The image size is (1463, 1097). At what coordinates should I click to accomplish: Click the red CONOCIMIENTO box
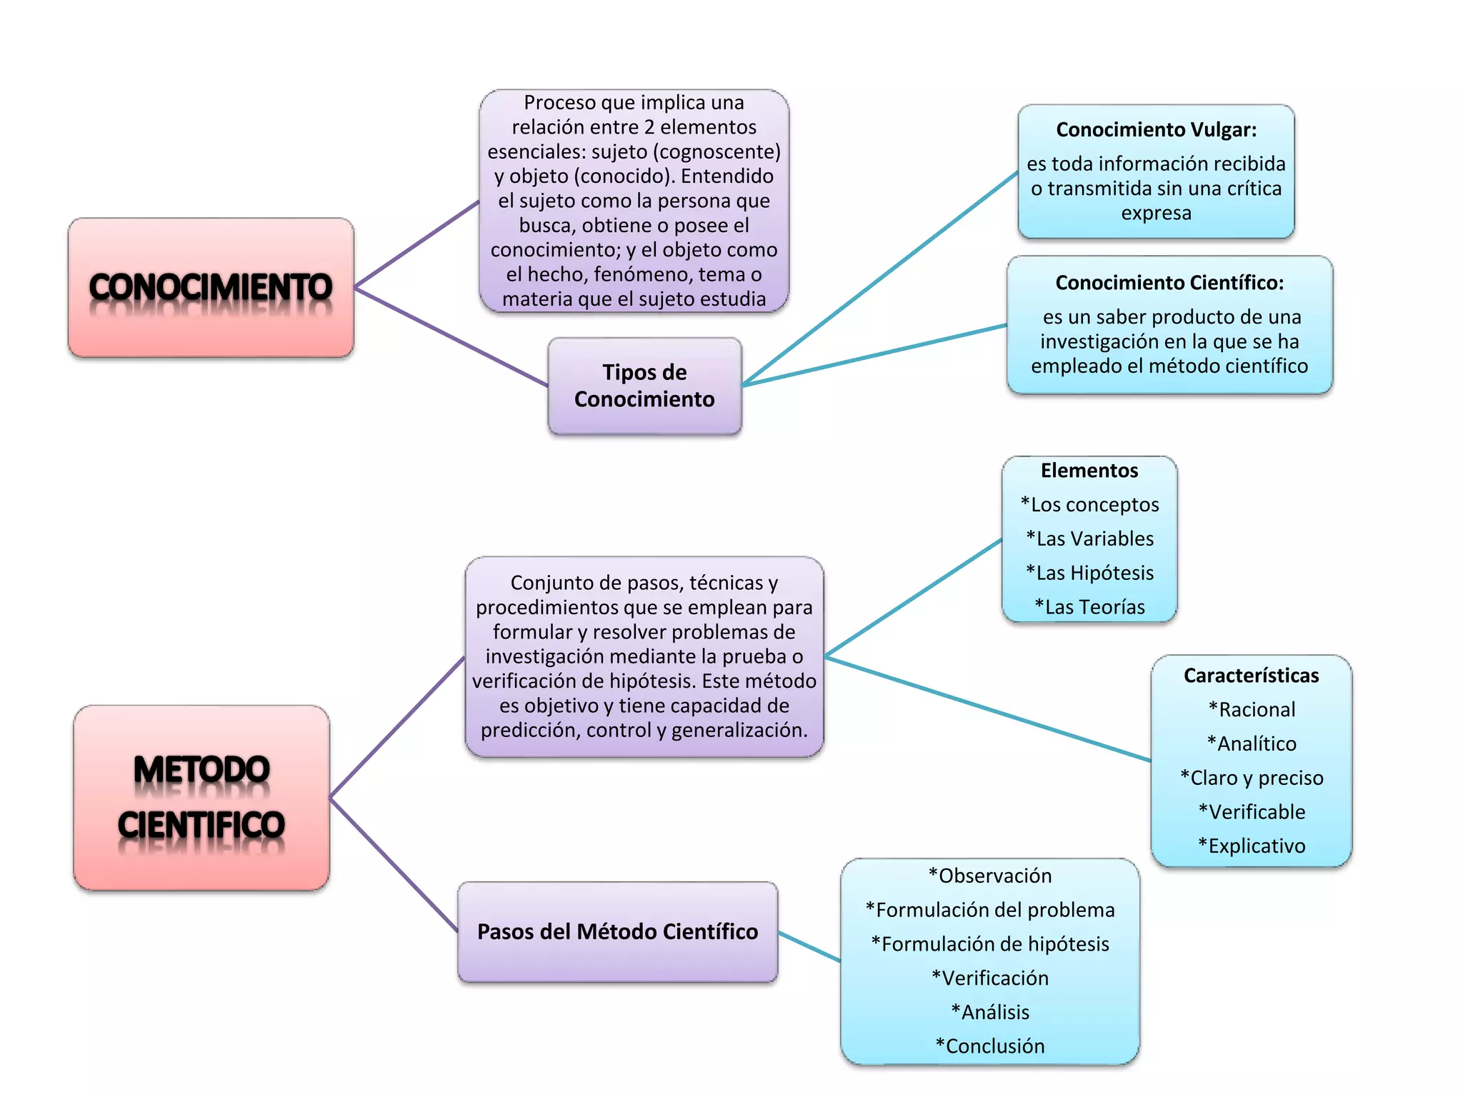pos(211,287)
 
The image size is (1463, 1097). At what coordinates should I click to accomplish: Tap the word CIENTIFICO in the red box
pos(201,825)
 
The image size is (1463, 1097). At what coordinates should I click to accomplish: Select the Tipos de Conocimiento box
pos(644,386)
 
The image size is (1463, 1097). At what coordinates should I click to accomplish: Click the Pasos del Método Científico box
pos(617,932)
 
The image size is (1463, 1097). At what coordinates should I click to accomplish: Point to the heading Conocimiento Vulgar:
pos(1156,130)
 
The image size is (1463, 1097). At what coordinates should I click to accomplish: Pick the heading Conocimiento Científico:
pos(1169,283)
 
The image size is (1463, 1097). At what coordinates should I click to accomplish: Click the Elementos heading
pos(1089,471)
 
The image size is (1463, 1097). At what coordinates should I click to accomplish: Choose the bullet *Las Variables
pos(1090,539)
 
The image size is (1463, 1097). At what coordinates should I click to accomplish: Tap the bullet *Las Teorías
pos(1090,607)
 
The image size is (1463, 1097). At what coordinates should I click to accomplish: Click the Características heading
pos(1251,676)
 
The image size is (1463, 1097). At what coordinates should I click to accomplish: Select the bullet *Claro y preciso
pos(1252,778)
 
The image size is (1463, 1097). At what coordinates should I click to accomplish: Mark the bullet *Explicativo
pos(1252,846)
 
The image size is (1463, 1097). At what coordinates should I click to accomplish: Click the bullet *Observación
pos(990,876)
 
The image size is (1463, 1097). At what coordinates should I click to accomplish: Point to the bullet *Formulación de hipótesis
pos(990,944)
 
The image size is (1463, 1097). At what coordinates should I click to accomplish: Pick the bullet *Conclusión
pos(990,1046)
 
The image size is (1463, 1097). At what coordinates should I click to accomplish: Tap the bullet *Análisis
pos(990,1013)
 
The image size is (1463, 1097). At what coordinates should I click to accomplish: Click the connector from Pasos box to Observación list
pos(809,946)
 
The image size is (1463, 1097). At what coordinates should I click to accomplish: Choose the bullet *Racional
pos(1252,710)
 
